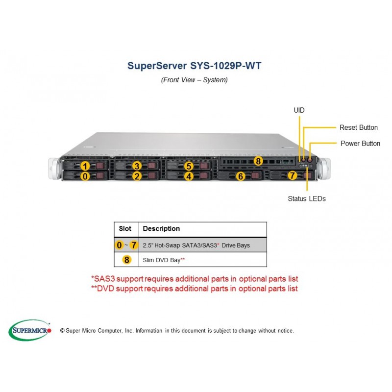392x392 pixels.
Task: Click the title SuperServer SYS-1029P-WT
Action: coord(194,66)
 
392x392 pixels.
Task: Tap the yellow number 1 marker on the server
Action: coord(85,166)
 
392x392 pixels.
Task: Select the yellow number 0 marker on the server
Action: coord(85,176)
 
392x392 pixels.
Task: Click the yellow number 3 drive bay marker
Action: coord(137,166)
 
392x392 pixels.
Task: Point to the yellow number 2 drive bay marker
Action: coord(137,176)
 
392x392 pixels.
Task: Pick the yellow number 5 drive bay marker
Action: coord(189,166)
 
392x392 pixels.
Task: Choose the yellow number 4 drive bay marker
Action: coord(189,176)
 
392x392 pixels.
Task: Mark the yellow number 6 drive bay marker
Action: coord(241,176)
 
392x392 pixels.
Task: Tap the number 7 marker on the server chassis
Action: coord(292,175)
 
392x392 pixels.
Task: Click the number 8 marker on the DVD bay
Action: coord(258,161)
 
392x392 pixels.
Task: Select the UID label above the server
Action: coord(299,110)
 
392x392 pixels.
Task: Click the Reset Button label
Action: coord(359,127)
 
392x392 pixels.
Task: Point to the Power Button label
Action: coord(360,144)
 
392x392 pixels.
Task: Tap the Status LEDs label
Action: coord(307,199)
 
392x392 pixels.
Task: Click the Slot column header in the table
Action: coord(125,228)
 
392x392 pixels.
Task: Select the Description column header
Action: coord(161,228)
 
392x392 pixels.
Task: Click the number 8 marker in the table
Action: coord(127,260)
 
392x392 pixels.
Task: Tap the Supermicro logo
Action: coord(30,330)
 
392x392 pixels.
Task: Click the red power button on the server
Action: coord(310,159)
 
